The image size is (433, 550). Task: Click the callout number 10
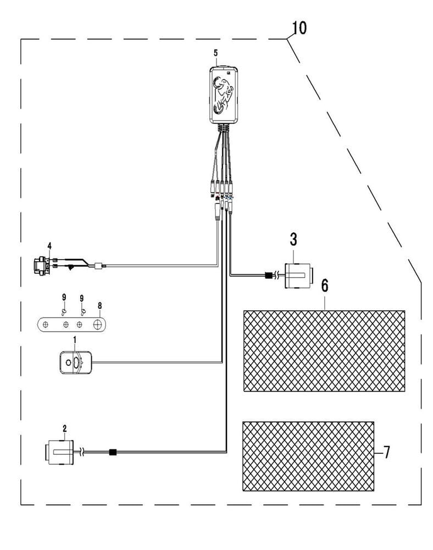(x=299, y=28)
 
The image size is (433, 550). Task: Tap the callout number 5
(x=216, y=53)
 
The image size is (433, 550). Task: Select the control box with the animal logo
(x=224, y=95)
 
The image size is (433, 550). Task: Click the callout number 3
(x=293, y=239)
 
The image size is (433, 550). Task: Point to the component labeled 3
(x=298, y=276)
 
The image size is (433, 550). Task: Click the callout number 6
(x=325, y=286)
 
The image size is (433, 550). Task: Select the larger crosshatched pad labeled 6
(x=324, y=351)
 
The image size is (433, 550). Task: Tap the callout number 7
(x=386, y=453)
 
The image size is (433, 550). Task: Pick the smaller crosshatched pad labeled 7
(x=308, y=457)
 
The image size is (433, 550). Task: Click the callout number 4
(x=49, y=246)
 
